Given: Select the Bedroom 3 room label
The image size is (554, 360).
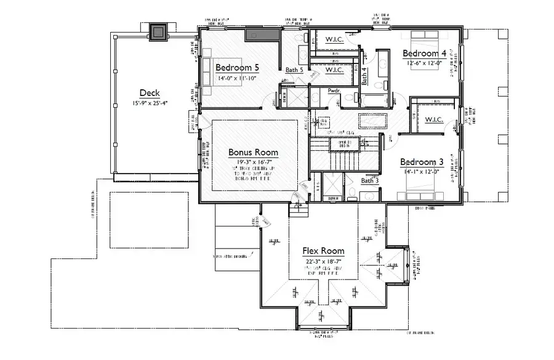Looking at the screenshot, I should [422, 162].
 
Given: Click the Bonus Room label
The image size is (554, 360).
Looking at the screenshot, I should [253, 152].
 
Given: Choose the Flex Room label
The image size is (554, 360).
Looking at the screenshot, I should [323, 251].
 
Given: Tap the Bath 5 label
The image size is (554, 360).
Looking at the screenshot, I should [294, 70].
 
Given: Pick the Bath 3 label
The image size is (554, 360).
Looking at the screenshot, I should [370, 180].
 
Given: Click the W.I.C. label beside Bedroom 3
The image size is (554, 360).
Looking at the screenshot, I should [435, 119].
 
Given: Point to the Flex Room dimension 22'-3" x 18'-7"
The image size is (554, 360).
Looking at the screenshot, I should [323, 262].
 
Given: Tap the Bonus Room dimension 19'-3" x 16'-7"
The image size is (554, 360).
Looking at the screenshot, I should [253, 162].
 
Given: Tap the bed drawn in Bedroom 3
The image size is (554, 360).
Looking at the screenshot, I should [423, 191].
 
